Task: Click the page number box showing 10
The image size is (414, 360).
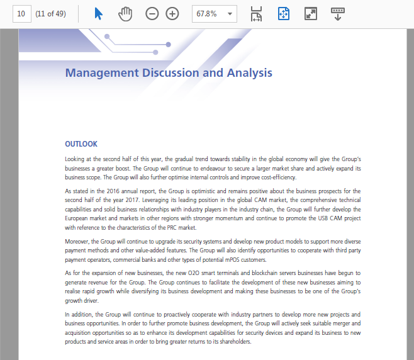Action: [x=22, y=14]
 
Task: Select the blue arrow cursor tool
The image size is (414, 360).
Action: [x=98, y=14]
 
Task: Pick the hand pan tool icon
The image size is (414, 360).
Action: [x=125, y=14]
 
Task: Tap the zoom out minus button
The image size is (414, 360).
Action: [x=152, y=14]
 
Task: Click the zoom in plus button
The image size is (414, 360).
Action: [x=172, y=14]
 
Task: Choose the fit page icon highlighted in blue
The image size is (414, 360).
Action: [x=283, y=14]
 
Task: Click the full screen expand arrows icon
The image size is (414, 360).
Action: [x=310, y=14]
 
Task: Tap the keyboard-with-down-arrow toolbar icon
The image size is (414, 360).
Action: [x=338, y=14]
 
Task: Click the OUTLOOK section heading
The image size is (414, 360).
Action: [x=81, y=144]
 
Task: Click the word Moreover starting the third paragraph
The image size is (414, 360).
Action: [x=77, y=241]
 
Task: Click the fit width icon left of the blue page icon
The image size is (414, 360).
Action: [x=256, y=14]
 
